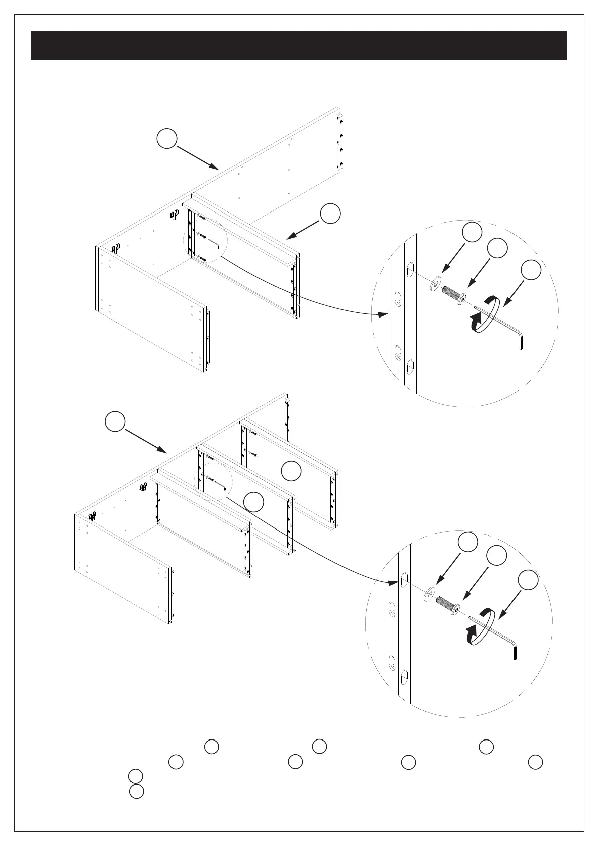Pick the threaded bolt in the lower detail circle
[448, 605]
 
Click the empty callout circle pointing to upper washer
[472, 232]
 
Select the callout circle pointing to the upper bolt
[497, 248]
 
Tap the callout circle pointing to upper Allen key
[531, 270]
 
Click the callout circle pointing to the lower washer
[468, 542]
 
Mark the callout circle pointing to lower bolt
[496, 555]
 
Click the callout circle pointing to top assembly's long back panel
[166, 138]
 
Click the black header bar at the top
[299, 46]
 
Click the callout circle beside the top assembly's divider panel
[330, 214]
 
